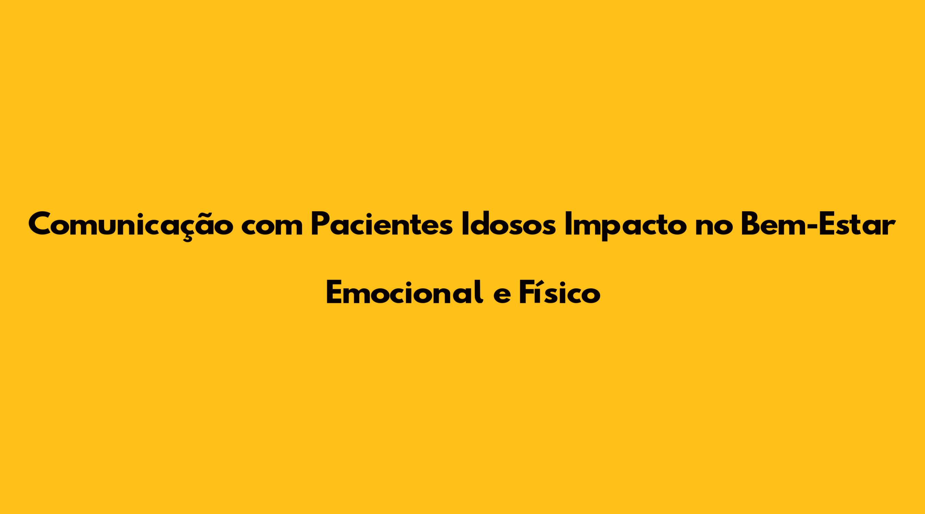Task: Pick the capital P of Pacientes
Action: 320,225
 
